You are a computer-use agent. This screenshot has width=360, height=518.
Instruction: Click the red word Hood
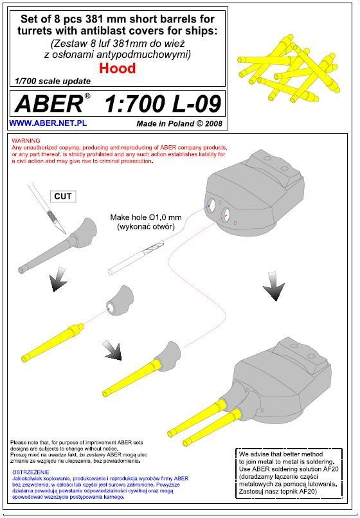pyautogui.click(x=118, y=68)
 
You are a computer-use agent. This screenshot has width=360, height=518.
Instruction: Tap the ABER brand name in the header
pyautogui.click(x=49, y=103)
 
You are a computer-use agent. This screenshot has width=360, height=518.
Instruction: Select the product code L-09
pyautogui.click(x=197, y=103)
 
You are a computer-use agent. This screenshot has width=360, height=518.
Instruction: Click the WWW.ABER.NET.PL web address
pyautogui.click(x=48, y=123)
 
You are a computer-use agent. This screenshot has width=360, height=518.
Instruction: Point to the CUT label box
pyautogui.click(x=63, y=196)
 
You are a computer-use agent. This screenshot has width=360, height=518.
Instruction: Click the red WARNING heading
pyautogui.click(x=26, y=141)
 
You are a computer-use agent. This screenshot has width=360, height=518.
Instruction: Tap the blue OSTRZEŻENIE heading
pyautogui.click(x=30, y=472)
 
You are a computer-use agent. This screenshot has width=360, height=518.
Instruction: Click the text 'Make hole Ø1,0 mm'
pyautogui.click(x=146, y=217)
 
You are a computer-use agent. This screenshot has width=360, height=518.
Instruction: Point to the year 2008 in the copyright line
pyautogui.click(x=213, y=123)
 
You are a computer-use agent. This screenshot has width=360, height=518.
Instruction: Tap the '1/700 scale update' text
pyautogui.click(x=53, y=81)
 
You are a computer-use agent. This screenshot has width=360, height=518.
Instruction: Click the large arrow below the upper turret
pyautogui.click(x=274, y=286)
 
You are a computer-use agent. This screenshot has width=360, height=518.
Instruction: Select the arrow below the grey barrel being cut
pyautogui.click(x=59, y=280)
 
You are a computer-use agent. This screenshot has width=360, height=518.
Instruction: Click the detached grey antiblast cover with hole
pyautogui.click(x=120, y=301)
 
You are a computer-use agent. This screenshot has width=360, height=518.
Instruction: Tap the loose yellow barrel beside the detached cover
pyautogui.click(x=52, y=343)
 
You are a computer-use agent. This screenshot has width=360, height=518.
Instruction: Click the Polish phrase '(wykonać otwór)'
pyautogui.click(x=146, y=227)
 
